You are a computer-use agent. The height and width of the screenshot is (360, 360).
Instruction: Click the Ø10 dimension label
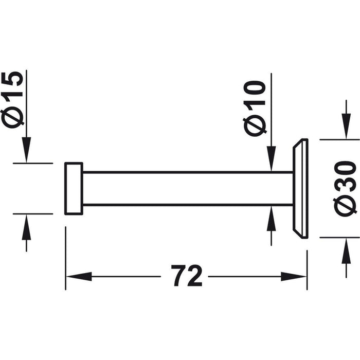point(255,108)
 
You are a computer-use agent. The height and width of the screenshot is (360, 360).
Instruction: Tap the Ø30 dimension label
point(345,188)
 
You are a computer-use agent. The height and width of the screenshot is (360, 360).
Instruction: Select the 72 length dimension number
point(186,276)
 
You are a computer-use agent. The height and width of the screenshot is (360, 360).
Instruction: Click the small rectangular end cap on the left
point(74,189)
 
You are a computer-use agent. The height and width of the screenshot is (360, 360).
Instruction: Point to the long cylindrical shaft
point(188,188)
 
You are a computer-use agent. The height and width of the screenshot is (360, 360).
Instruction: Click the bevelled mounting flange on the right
point(300,189)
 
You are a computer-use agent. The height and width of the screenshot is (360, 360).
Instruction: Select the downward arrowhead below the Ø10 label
point(272,159)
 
